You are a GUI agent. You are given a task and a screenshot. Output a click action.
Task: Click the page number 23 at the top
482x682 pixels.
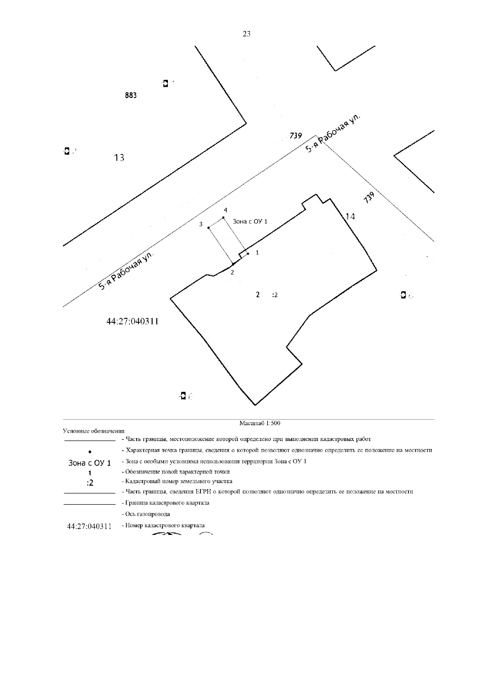click(x=247, y=34)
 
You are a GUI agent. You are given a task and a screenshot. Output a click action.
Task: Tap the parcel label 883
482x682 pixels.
click(x=131, y=96)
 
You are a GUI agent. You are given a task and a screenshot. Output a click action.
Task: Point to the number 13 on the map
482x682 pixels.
click(x=119, y=158)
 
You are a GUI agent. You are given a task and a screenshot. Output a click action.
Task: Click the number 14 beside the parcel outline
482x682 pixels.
click(x=350, y=217)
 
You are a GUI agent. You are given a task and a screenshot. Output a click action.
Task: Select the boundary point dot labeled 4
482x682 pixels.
click(x=223, y=218)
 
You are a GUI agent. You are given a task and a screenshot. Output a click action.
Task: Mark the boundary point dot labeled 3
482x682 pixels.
click(x=208, y=228)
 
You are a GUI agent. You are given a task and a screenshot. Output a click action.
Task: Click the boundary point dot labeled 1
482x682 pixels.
click(x=248, y=254)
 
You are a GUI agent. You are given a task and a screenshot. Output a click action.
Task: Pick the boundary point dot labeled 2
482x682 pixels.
click(x=233, y=264)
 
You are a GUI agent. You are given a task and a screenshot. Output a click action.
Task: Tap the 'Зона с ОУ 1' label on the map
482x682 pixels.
click(x=250, y=221)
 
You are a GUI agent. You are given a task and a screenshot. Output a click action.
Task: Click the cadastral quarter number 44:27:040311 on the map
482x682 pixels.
click(x=133, y=322)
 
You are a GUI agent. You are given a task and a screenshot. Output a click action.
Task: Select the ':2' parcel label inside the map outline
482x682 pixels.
click(x=275, y=295)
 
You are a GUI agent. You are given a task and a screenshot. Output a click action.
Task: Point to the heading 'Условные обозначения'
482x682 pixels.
click(x=94, y=431)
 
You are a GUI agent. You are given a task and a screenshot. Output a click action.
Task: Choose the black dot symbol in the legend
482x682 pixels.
click(x=89, y=451)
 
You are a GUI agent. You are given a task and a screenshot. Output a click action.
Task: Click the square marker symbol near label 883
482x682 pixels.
click(x=165, y=83)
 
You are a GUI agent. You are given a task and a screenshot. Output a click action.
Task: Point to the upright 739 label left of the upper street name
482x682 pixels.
click(x=296, y=136)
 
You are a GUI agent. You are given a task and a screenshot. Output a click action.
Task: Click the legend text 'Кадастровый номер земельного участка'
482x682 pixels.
click(x=178, y=481)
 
